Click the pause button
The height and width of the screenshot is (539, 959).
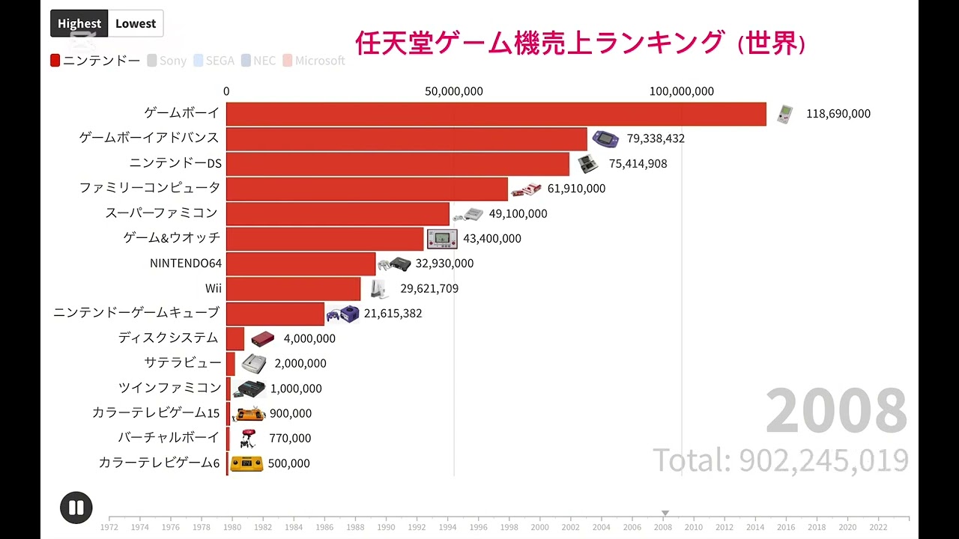[76, 508]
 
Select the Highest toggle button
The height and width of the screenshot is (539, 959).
[79, 24]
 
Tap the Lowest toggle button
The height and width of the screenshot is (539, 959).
[136, 24]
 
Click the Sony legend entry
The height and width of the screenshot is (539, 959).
[167, 61]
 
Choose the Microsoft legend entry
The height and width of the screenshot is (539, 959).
[314, 61]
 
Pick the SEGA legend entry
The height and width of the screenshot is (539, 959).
[214, 61]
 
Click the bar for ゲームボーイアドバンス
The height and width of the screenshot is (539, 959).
[406, 138]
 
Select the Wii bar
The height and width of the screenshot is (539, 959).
[293, 288]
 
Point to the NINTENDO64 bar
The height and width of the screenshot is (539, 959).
[300, 264]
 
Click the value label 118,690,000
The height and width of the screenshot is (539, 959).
[838, 114]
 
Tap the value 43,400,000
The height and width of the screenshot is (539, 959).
[492, 238]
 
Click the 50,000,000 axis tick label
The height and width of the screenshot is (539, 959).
[454, 91]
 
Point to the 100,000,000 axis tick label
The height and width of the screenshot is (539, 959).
[682, 91]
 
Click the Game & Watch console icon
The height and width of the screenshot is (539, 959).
[442, 239]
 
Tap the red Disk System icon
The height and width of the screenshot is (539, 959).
[262, 338]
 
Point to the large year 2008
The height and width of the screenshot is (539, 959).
[836, 411]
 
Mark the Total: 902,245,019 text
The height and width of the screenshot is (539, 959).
[781, 460]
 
